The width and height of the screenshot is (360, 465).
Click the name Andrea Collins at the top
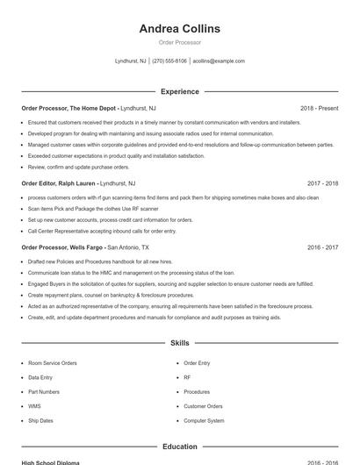tap(179, 29)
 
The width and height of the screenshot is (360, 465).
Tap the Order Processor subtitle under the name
tap(179, 42)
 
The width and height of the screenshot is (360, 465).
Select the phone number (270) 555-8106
tap(169, 61)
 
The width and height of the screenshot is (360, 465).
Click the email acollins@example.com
tap(219, 61)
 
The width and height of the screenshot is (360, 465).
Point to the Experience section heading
tap(179, 91)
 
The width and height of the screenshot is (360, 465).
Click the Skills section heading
tap(179, 343)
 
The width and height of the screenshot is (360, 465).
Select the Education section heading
tap(179, 447)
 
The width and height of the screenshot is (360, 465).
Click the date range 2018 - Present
tap(319, 108)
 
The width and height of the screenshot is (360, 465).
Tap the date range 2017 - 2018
tap(322, 183)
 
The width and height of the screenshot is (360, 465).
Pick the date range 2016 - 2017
tap(322, 247)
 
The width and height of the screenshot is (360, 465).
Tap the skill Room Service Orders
tap(53, 362)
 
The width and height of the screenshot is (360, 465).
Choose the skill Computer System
tap(204, 420)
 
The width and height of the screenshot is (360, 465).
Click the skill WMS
tap(34, 406)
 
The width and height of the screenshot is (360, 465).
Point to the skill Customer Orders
tap(203, 406)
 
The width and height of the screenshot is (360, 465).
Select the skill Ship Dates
tap(40, 420)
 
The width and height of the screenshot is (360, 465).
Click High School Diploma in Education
tap(50, 462)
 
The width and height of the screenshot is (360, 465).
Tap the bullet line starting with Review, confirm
tap(78, 167)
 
